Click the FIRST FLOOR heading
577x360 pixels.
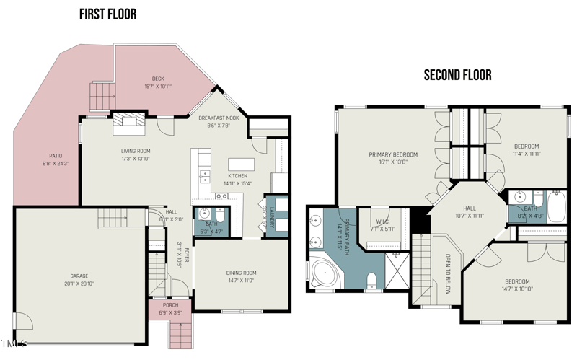[x=107, y=14]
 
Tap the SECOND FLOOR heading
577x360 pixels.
[x=457, y=74]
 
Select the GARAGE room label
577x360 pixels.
[x=79, y=276]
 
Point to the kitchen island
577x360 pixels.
[x=242, y=164]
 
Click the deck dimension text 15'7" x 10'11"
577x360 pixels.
[x=157, y=87]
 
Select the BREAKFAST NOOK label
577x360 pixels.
[x=219, y=118]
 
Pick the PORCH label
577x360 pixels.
[x=170, y=305]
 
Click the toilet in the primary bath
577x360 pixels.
[x=372, y=280]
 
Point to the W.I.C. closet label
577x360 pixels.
[x=383, y=222]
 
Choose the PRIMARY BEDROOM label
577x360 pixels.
[x=393, y=154]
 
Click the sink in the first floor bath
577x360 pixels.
[x=204, y=214]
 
